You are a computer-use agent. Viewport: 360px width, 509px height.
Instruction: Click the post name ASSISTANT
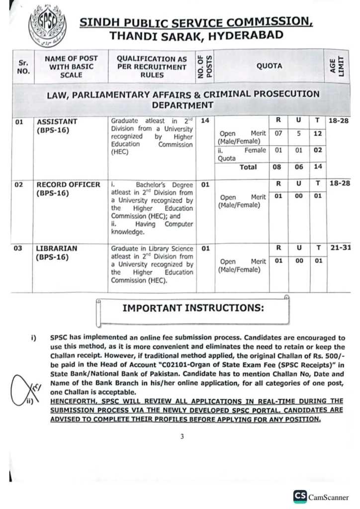point(59,121)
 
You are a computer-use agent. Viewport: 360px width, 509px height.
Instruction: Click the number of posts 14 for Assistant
point(205,121)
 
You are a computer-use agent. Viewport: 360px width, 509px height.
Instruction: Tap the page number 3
point(182,436)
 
